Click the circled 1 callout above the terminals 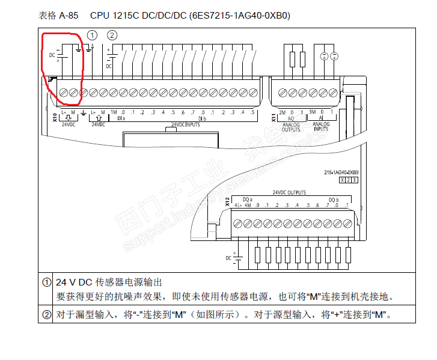(x=92, y=35)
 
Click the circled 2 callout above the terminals (x=112, y=35)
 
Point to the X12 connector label (x=227, y=202)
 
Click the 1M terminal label (x=113, y=112)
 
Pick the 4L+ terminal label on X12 (x=239, y=206)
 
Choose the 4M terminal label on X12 (x=248, y=206)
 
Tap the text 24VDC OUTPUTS (x=289, y=193)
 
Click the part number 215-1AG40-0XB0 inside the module (x=340, y=172)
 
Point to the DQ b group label (x=334, y=199)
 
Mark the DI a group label (x=121, y=119)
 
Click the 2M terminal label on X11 (x=282, y=112)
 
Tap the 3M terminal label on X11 (x=312, y=112)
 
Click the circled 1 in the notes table (x=47, y=282)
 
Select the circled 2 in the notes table (x=47, y=314)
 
